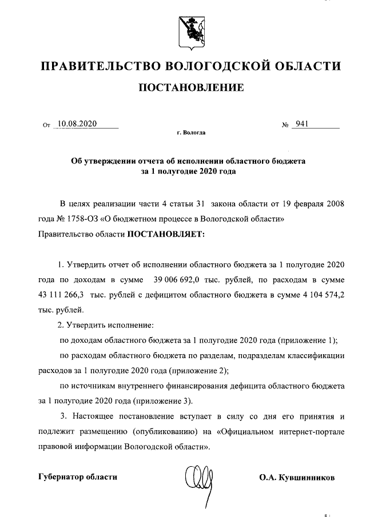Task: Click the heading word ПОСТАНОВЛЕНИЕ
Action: (190, 87)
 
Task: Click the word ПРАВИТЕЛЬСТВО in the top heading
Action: (100, 66)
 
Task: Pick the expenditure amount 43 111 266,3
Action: (61, 295)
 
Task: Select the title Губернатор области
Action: (77, 477)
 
